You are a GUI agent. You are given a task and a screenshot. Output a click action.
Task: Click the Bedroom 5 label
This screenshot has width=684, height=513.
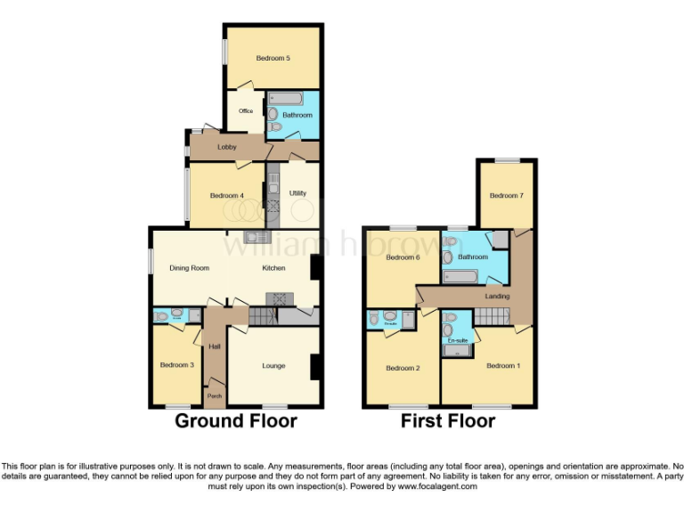tap(273, 59)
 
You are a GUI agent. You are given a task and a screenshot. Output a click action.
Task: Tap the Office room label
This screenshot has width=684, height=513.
tap(245, 111)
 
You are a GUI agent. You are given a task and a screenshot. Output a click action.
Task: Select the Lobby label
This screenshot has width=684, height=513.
tap(227, 146)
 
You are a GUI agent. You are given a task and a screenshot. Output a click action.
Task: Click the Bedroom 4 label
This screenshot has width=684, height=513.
tap(226, 196)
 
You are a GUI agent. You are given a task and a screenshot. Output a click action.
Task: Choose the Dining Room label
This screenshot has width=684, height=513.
tap(189, 267)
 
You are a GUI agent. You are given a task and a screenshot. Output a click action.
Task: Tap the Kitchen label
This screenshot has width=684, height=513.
tap(273, 267)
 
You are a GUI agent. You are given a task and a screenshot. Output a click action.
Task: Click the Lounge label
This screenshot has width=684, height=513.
tap(273, 365)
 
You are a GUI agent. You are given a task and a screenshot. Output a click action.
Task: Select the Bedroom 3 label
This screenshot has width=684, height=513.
tap(176, 365)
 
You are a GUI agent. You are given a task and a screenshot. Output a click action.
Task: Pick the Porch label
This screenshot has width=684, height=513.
tap(214, 395)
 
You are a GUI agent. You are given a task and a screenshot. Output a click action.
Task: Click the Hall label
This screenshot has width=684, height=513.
tap(214, 346)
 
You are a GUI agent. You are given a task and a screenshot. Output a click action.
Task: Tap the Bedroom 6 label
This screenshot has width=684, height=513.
tap(403, 257)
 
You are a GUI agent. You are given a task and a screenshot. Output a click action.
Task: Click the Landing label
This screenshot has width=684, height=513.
tap(497, 296)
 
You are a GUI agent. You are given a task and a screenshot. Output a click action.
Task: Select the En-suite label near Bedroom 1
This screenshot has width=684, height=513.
tap(457, 340)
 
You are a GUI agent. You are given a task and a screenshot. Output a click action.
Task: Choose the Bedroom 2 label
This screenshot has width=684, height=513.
tap(402, 368)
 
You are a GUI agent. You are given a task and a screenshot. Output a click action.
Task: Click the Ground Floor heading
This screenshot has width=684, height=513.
tap(236, 420)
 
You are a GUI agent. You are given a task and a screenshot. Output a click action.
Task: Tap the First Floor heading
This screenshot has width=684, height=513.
tap(448, 420)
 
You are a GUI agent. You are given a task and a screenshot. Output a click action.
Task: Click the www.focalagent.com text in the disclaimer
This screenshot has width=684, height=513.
tap(437, 487)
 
